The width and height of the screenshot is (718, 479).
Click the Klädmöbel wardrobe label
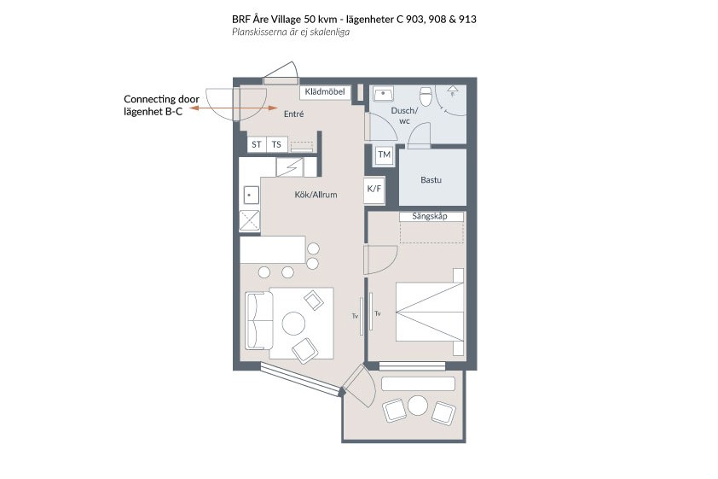pos(325,91)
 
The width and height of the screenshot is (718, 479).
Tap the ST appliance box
pos(257,144)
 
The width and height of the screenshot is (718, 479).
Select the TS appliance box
pos(276,144)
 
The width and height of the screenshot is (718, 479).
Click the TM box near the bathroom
pos(385,155)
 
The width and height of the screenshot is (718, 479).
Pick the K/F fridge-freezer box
pos(374,189)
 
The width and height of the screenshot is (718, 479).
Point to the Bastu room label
pos(431,180)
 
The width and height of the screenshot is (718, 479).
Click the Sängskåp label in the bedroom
pos(430,216)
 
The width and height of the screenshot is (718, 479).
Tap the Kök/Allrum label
pos(316,195)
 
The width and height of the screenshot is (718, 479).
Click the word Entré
pos(293,114)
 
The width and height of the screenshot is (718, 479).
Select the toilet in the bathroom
pos(426,96)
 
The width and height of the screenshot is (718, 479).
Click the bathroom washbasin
pos(383,94)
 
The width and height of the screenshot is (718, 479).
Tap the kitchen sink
pos(250,196)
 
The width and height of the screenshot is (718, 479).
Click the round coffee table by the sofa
pos(293,323)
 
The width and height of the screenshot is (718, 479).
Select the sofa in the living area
pos(258,320)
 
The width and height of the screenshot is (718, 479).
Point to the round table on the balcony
pos(418,406)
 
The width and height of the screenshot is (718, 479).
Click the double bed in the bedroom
pos(430,313)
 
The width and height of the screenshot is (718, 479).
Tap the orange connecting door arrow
pos(234,108)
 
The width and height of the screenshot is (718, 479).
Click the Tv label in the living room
pos(355,316)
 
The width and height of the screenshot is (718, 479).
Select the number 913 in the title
pos(467,20)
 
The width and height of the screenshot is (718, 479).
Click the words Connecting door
pos(162,99)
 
